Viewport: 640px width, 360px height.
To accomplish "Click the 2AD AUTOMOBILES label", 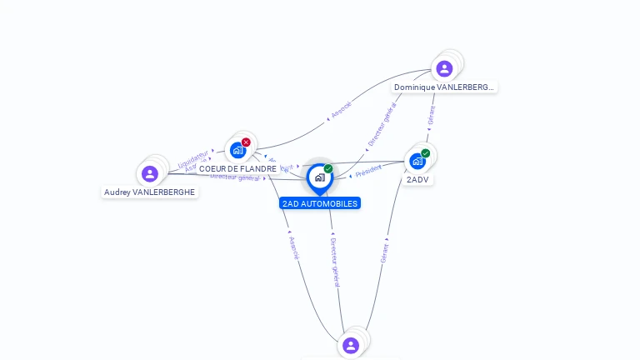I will [320, 203].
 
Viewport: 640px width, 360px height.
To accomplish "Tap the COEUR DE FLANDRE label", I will [237, 168].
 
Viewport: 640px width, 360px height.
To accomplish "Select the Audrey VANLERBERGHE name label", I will [150, 192].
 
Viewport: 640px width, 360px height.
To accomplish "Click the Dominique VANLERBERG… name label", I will [444, 87].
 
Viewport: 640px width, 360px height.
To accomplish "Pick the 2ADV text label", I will [418, 179].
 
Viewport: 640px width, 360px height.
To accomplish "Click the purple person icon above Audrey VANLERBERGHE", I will [150, 173].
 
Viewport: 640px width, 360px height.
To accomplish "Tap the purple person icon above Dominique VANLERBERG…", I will [444, 68].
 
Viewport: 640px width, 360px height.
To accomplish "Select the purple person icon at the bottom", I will [351, 345].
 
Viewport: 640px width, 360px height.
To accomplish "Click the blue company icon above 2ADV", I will [417, 161].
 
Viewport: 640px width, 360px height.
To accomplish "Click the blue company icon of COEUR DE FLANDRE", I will [237, 151].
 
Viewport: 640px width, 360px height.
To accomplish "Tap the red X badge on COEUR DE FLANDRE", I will [246, 142].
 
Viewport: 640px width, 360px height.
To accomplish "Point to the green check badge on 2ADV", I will [426, 153].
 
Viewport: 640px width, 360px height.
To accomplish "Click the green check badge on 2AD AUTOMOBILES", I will [328, 169].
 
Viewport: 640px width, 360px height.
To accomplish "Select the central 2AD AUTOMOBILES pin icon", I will [319, 177].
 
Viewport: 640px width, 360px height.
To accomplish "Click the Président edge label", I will [368, 171].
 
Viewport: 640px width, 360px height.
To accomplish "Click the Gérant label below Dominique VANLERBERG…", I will [431, 114].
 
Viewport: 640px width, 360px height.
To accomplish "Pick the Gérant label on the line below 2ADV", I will [384, 252].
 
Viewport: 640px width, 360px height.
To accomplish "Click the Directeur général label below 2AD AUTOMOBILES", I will [335, 262].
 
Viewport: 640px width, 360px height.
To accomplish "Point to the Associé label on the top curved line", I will [341, 109].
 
